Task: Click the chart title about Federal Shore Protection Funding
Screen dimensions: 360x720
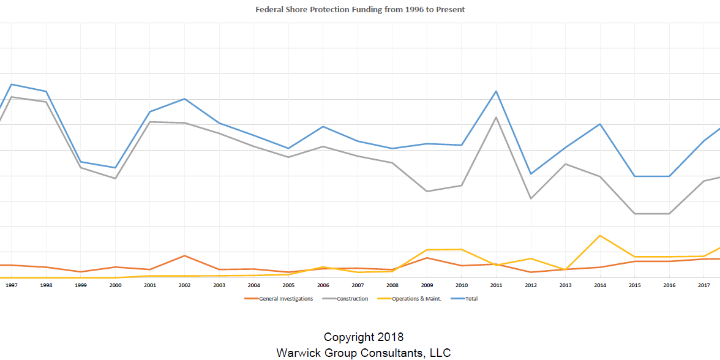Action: (360, 10)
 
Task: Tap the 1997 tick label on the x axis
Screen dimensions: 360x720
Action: (11, 285)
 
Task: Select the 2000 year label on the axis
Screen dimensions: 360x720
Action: (115, 285)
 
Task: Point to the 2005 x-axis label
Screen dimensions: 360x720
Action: (288, 285)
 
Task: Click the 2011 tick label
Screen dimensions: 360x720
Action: (496, 285)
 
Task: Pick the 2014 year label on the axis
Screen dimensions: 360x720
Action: (600, 285)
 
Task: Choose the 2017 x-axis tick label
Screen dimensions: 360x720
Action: (704, 285)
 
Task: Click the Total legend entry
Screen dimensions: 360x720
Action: (471, 299)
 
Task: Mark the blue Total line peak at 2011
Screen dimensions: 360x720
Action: (496, 91)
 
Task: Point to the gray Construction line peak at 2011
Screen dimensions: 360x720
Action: (496, 117)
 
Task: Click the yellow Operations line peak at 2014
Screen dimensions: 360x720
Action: (600, 236)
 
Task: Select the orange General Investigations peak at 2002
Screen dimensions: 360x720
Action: (184, 256)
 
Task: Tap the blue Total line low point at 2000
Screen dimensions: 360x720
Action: (115, 168)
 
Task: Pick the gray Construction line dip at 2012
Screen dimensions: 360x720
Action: (531, 198)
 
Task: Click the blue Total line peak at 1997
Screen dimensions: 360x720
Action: (12, 84)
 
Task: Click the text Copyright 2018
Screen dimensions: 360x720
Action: (364, 337)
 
